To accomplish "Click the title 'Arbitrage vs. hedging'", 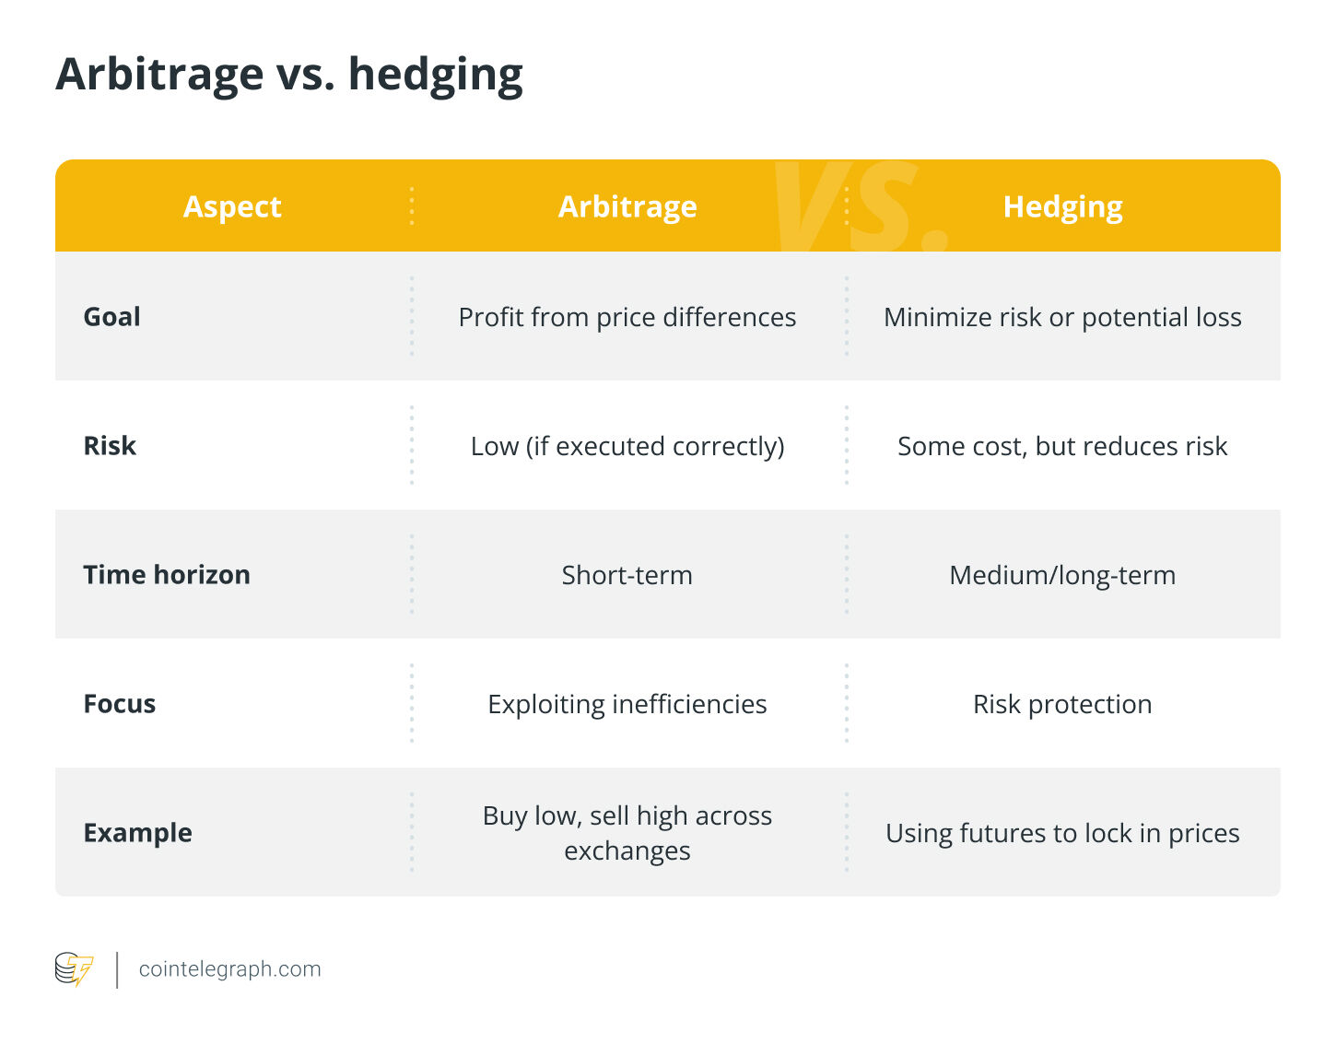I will pos(289,74).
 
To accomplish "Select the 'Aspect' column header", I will pos(232,206).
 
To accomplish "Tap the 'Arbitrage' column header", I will pos(627,206).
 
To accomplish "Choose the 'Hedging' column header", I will pos(1062,206).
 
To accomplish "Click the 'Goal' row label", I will pos(112,317).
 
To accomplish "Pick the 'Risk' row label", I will pos(110,446).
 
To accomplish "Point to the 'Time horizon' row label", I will pos(167,575).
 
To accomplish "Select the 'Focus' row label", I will pos(120,704).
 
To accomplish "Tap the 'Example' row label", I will pos(138,833).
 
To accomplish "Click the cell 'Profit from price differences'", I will pos(627,317).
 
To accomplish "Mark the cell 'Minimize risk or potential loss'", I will pos(1062,317).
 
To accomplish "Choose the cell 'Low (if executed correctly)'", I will pos(627,446).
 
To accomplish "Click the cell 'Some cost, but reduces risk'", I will pos(1062,446).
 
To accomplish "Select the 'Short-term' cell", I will pos(627,575).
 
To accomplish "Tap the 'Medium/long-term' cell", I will pos(1062,575).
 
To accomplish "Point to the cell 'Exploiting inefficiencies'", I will pos(627,704).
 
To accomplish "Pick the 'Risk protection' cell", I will pos(1062,704).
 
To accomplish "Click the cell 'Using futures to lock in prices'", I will pos(1062,833).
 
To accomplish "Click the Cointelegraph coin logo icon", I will pos(74,969).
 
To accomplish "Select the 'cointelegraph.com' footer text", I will pos(229,969).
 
